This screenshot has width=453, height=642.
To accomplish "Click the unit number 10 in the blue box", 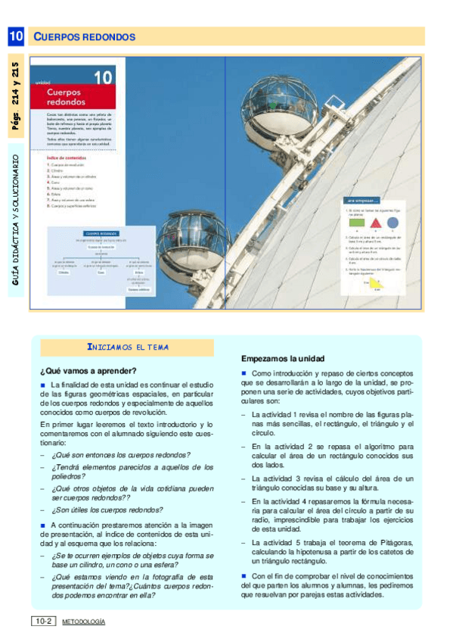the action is tap(17, 36).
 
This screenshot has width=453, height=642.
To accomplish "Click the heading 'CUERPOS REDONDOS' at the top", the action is tap(85, 37).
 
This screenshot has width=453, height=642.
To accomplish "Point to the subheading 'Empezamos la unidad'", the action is tap(282, 358).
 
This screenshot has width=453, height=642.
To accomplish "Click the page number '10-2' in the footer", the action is tap(42, 622).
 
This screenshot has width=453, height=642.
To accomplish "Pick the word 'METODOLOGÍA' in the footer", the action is tap(83, 622).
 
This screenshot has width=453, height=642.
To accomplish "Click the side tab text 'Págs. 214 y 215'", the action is tap(17, 96).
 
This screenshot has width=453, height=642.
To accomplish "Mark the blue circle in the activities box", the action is tap(392, 223).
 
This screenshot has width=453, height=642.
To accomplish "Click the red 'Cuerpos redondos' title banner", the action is tap(76, 96).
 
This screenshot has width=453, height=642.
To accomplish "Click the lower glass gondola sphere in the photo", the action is tap(190, 245).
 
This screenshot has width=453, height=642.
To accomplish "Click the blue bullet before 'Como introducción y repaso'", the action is tap(244, 374).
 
